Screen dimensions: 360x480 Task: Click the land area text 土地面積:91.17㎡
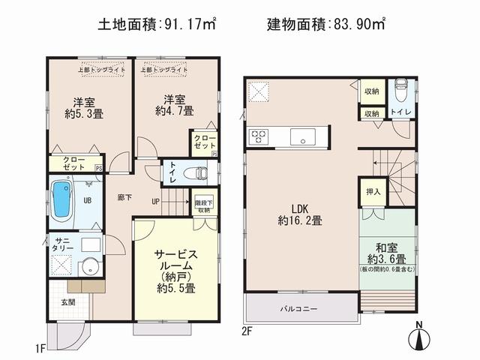tap(157, 25)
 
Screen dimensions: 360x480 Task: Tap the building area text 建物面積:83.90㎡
tap(327, 25)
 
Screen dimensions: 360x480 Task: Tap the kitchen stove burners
tap(259, 136)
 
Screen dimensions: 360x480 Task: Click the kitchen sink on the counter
tap(303, 136)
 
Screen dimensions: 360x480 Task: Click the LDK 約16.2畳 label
tap(299, 214)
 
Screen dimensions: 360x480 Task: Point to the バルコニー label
tap(299, 309)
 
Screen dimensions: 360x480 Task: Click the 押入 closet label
tap(373, 191)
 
